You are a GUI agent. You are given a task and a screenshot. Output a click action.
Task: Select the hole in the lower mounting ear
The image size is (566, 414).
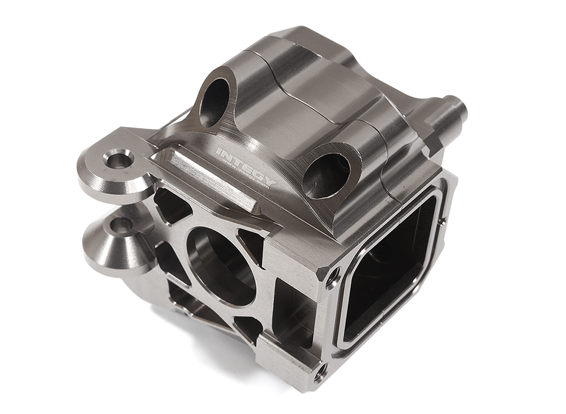pyautogui.click(x=122, y=225)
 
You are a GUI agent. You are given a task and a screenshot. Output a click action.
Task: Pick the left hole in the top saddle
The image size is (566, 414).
pyautogui.click(x=216, y=102)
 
